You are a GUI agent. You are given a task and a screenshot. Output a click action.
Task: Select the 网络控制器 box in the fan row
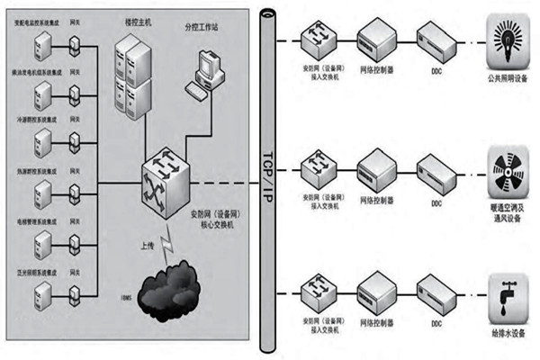[x=376, y=168]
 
